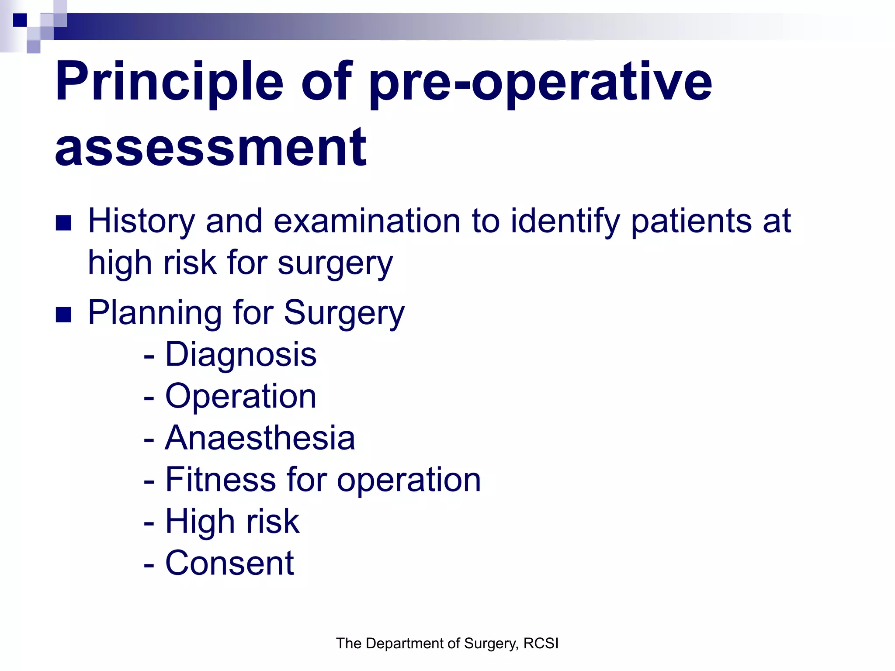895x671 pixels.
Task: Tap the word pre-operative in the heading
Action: (541, 82)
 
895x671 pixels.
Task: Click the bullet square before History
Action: (64, 223)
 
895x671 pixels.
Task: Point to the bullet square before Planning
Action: (64, 315)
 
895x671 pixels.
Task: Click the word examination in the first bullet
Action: (367, 221)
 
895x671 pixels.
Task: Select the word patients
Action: (692, 221)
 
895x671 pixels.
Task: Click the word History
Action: (141, 221)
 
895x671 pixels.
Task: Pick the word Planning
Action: (156, 313)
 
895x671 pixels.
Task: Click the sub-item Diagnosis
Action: (240, 354)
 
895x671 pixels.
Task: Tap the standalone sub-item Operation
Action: (240, 396)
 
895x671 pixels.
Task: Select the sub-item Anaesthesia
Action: (260, 438)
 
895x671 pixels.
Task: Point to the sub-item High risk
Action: (232, 522)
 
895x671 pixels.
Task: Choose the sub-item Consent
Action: (229, 563)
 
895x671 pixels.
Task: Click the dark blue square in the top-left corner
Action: (20, 20)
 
